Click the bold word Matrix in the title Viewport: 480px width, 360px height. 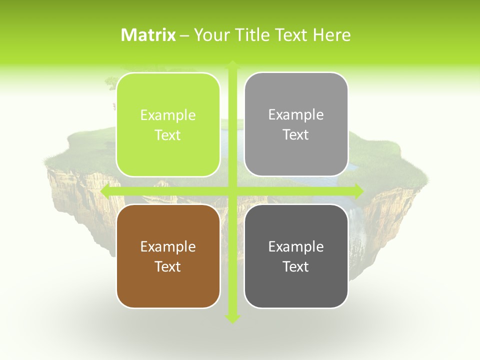pos(148,35)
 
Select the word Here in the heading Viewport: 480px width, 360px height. pos(331,35)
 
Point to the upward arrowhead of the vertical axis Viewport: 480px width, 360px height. pos(232,64)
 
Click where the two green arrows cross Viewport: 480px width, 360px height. pos(232,191)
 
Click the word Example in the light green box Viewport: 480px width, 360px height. pos(168,115)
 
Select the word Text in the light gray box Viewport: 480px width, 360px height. pos(296,135)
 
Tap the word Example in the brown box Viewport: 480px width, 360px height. pos(168,247)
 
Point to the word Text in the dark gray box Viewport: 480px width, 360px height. pos(296,267)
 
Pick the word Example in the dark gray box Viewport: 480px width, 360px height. pos(296,247)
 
